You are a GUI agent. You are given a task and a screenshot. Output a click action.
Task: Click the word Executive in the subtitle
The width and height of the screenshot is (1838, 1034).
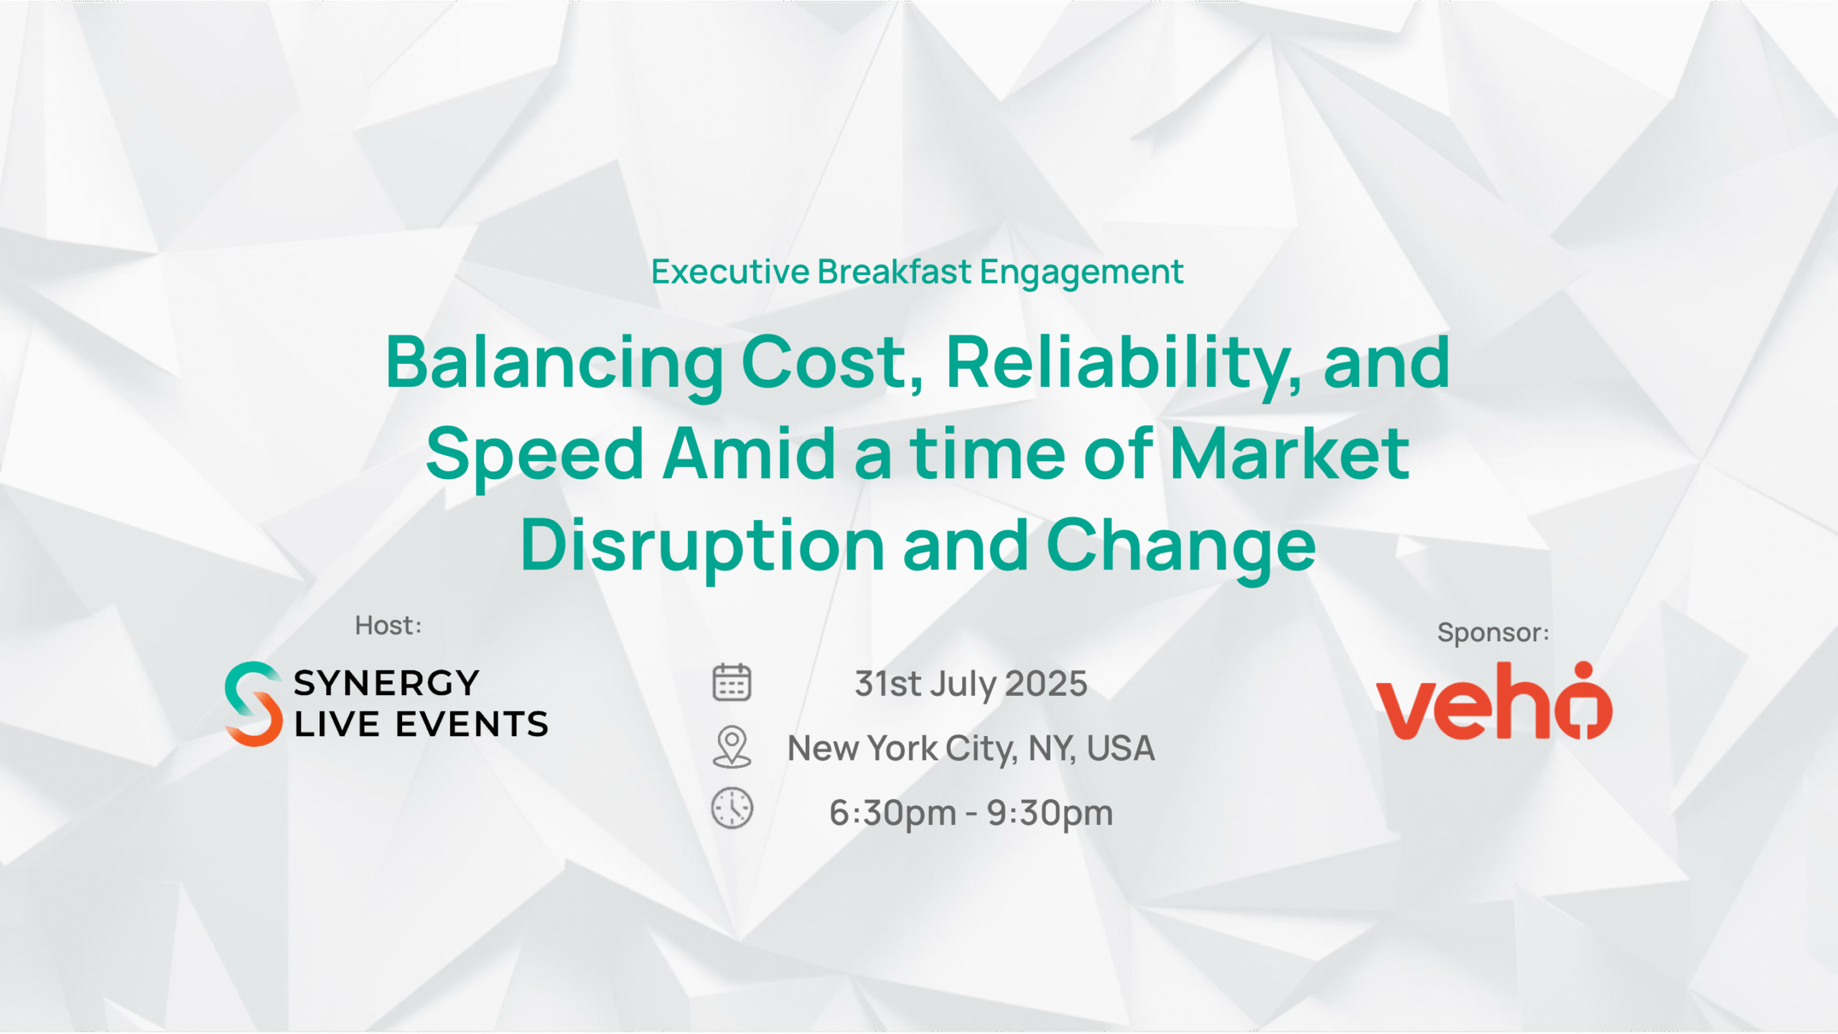(x=730, y=272)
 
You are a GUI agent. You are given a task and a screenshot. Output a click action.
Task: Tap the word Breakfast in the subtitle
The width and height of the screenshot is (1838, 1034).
(x=895, y=271)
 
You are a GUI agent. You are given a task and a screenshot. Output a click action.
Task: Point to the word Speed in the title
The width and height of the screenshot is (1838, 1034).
(x=535, y=455)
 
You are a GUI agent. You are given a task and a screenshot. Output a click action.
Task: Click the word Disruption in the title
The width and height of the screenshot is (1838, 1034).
(x=702, y=546)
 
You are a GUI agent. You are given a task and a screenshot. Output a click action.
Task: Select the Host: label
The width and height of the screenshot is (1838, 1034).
(x=388, y=625)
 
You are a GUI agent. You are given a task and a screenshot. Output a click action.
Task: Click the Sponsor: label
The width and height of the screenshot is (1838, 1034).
(x=1493, y=633)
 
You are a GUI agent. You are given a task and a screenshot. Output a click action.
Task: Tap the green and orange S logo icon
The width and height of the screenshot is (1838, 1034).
(x=253, y=704)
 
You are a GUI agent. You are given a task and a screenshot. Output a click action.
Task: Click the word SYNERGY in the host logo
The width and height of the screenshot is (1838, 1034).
(x=386, y=683)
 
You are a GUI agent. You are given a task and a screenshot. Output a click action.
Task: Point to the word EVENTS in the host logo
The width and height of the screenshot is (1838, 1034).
(x=472, y=724)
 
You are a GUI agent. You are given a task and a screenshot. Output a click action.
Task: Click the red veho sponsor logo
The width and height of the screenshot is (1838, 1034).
(x=1494, y=701)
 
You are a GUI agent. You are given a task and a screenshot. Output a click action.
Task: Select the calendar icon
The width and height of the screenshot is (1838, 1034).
(x=732, y=682)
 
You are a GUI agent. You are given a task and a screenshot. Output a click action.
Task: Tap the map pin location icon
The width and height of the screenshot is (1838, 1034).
(x=732, y=747)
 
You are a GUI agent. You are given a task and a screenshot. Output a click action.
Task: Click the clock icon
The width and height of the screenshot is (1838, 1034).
(x=732, y=809)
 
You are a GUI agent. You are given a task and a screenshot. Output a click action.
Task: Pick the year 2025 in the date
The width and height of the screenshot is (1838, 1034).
(x=1046, y=684)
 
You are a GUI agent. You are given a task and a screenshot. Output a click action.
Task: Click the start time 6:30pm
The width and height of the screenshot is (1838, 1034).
(x=893, y=814)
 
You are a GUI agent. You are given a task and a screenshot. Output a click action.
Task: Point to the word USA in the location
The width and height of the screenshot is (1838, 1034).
(x=1121, y=748)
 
